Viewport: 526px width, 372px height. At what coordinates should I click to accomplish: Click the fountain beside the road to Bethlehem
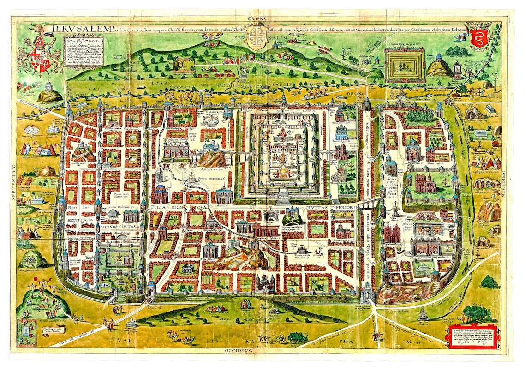click(x=422, y=314)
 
